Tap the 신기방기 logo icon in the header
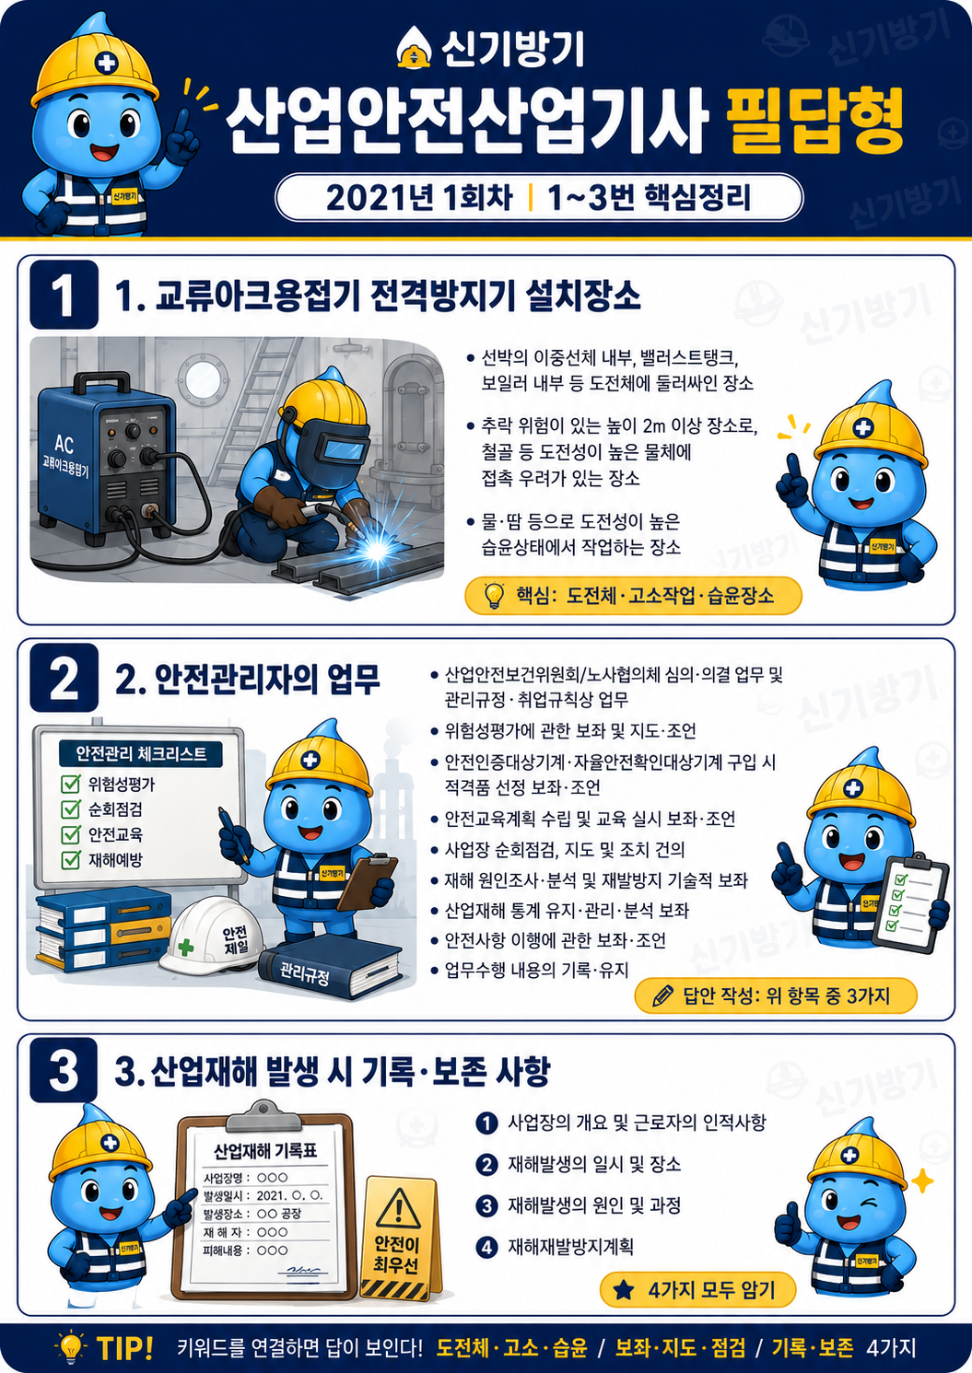416,49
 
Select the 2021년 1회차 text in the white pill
419,197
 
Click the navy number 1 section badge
64,295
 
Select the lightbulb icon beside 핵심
494,595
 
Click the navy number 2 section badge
64,678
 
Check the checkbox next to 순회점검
71,809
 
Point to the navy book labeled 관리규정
330,969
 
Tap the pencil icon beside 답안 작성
663,995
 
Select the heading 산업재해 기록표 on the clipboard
265,1151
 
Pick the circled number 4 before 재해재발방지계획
486,1248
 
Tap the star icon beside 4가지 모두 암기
624,1290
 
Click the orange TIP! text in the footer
124,1348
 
